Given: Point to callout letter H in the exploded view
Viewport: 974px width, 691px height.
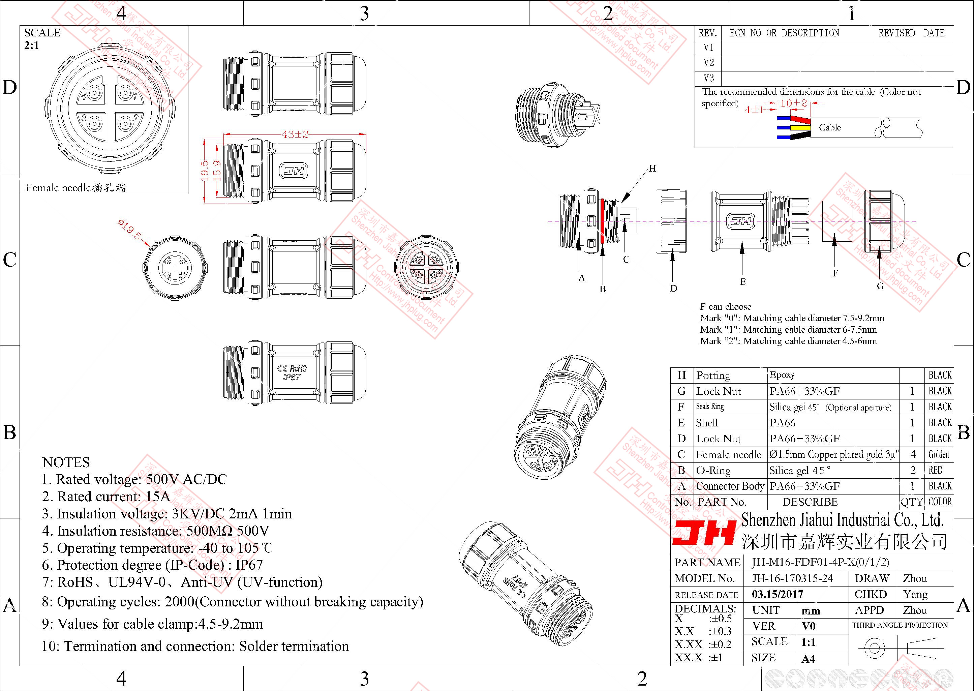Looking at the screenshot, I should click(652, 169).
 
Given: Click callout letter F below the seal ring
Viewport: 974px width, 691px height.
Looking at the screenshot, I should click(835, 273).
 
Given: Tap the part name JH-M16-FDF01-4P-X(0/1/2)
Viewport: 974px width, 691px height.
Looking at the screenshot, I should click(820, 562).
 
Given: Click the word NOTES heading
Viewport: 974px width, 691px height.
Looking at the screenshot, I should click(66, 462).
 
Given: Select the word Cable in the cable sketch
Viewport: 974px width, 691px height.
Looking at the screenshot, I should click(829, 127).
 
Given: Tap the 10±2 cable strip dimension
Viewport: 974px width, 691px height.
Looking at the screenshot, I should click(794, 103).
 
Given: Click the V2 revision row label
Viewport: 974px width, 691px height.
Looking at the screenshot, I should click(708, 63).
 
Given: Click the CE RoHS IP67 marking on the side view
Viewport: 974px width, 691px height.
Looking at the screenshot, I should click(292, 372).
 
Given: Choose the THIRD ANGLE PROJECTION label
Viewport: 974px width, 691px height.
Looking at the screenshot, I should click(900, 625).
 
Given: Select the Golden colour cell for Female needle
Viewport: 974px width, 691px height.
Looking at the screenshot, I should click(938, 454).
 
